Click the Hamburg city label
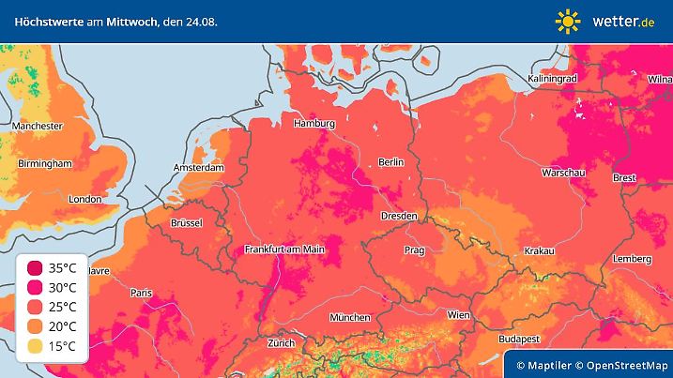[314, 124]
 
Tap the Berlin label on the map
[390, 162]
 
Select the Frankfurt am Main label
[283, 249]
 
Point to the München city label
[349, 317]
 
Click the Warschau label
[564, 174]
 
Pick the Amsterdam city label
[198, 168]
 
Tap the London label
[84, 199]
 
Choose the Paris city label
[141, 293]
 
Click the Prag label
[414, 250]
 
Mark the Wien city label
[458, 315]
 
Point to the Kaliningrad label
[551, 79]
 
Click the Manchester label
[38, 126]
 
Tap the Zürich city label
[281, 343]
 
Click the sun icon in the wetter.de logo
[568, 21]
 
